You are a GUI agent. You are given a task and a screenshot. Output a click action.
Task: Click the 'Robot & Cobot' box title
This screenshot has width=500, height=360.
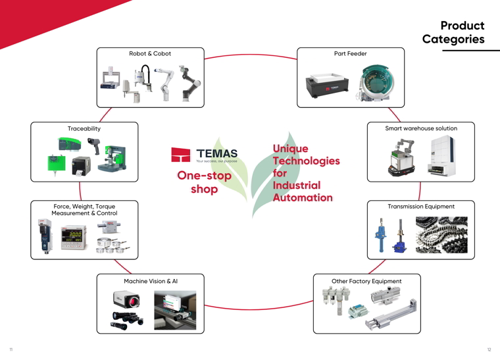tap(150, 53)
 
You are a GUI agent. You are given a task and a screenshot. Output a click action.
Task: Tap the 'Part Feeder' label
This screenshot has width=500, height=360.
tap(351, 53)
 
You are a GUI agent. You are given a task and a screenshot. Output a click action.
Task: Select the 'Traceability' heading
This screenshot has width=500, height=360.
tap(84, 128)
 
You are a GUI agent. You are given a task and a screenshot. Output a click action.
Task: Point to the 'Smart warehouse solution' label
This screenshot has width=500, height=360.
tap(421, 128)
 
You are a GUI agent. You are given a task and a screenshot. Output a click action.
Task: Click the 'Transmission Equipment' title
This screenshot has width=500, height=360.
tap(421, 207)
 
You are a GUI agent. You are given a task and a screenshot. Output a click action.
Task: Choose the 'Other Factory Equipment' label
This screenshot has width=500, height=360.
tap(366, 281)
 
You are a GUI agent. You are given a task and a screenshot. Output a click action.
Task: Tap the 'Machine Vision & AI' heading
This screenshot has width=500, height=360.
tap(151, 281)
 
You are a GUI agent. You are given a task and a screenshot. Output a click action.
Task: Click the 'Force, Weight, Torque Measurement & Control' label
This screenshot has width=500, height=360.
tap(84, 209)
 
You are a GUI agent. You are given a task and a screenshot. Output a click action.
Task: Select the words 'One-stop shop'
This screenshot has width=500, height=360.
tap(204, 182)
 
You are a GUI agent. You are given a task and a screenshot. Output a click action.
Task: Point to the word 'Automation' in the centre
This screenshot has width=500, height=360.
tap(303, 197)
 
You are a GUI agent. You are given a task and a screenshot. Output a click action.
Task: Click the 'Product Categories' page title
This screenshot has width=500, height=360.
tap(454, 32)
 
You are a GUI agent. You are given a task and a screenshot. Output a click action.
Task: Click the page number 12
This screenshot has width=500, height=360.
tap(489, 350)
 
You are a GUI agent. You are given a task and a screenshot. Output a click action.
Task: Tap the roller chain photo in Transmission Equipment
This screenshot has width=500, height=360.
tap(441, 235)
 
